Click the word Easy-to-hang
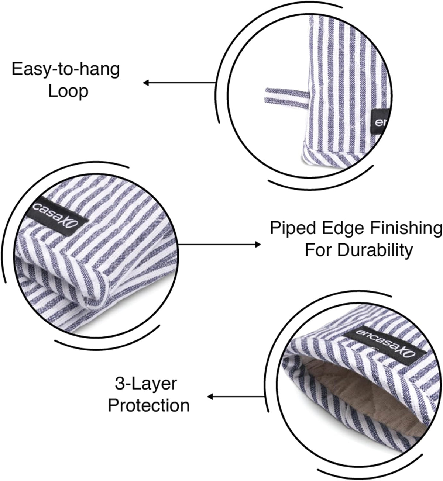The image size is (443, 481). [65, 70]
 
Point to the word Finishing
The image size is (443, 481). [406, 229]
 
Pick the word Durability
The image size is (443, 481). [375, 250]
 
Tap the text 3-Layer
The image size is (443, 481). [146, 384]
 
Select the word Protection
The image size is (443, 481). [149, 406]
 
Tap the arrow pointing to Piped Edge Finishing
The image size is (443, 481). [220, 245]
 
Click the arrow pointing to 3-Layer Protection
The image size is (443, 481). [236, 397]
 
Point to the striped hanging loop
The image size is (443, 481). [287, 98]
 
